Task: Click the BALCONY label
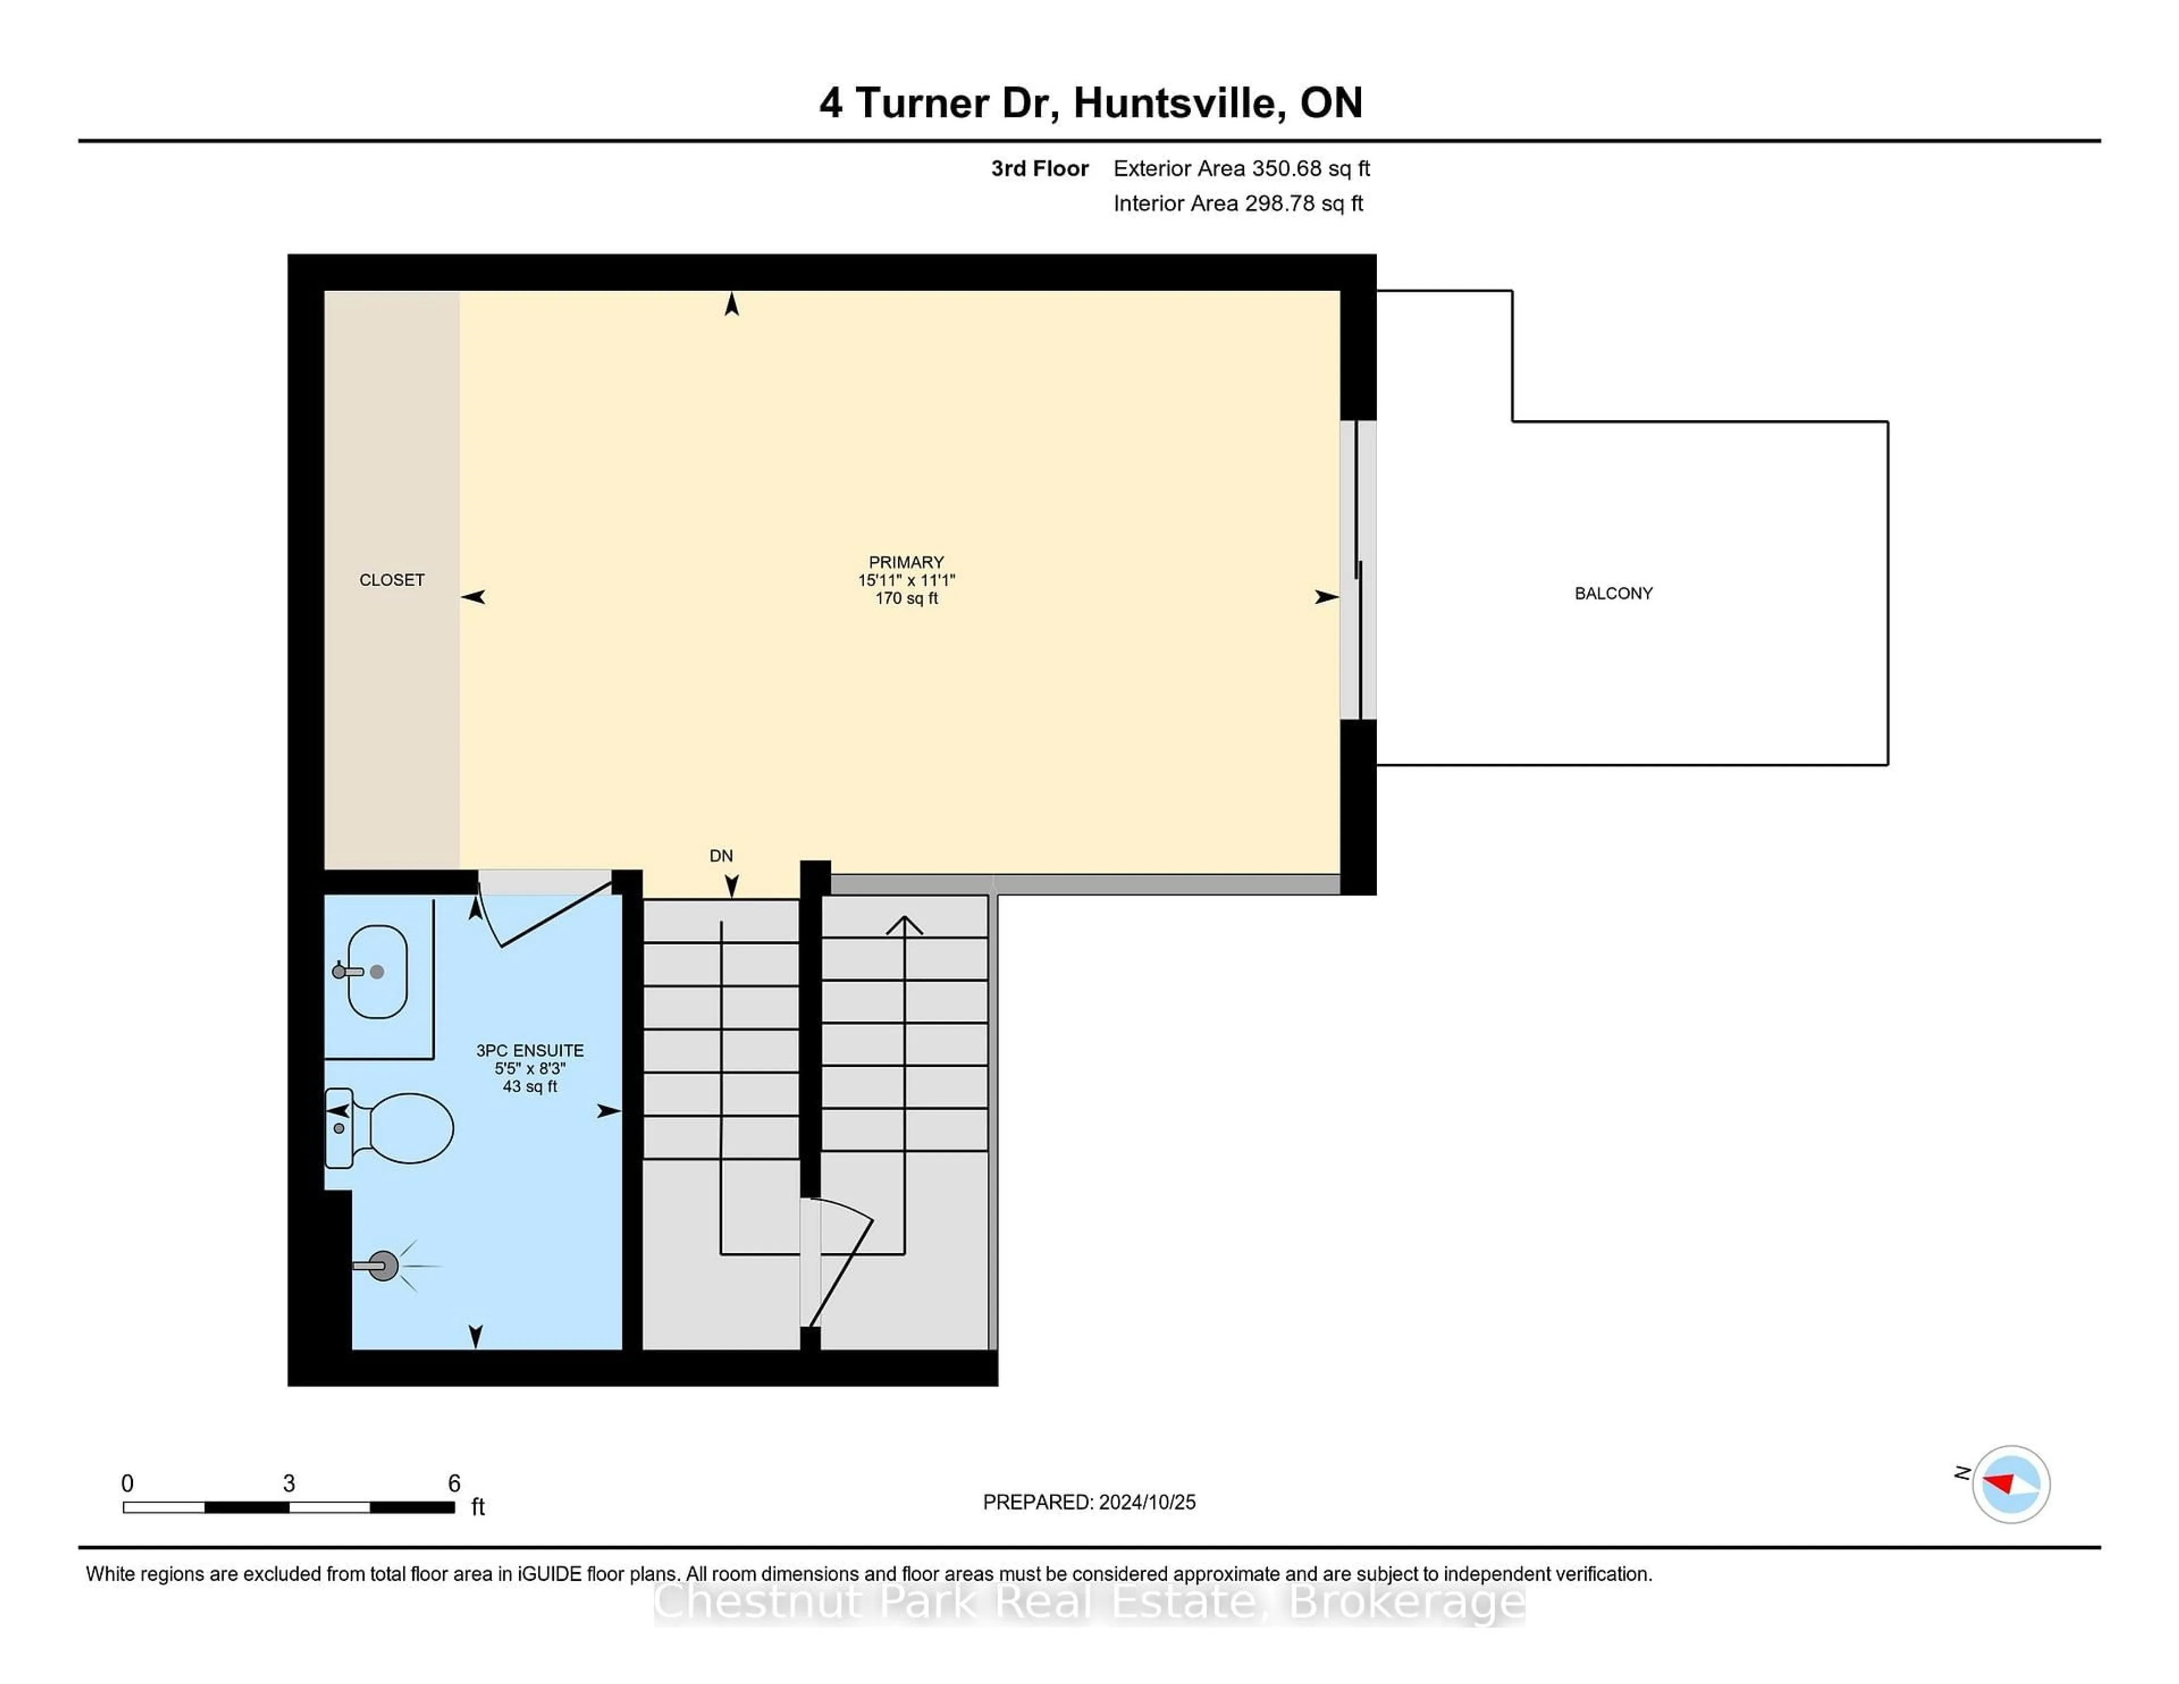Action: pos(1613,593)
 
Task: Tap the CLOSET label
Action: pos(392,580)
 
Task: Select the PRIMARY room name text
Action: pos(906,562)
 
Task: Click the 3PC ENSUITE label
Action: pos(530,1050)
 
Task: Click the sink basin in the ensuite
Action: pos(377,972)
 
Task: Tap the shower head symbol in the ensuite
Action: pos(384,1266)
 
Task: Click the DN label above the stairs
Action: pos(721,856)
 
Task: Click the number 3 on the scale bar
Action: pos(289,1484)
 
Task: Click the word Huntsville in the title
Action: pos(1179,103)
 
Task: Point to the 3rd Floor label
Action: pos(1040,169)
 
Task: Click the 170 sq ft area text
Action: pos(907,599)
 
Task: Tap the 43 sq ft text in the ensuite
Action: pos(530,1087)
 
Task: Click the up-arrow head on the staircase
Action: pos(904,925)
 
